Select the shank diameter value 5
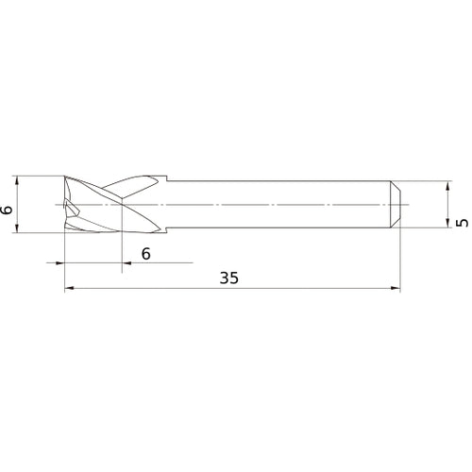tap(461, 223)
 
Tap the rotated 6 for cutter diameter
tap(8, 210)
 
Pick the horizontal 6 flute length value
tap(144, 253)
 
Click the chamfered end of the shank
tap(396, 203)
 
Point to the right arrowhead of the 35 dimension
tap(396, 289)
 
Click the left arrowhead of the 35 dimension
tap(69, 289)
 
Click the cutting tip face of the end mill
tap(68, 203)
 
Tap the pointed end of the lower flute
tap(156, 228)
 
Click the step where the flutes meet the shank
tap(168, 180)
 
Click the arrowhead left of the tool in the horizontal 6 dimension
tap(59, 261)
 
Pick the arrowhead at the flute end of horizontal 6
tap(126, 261)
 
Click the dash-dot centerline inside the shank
tap(283, 204)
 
